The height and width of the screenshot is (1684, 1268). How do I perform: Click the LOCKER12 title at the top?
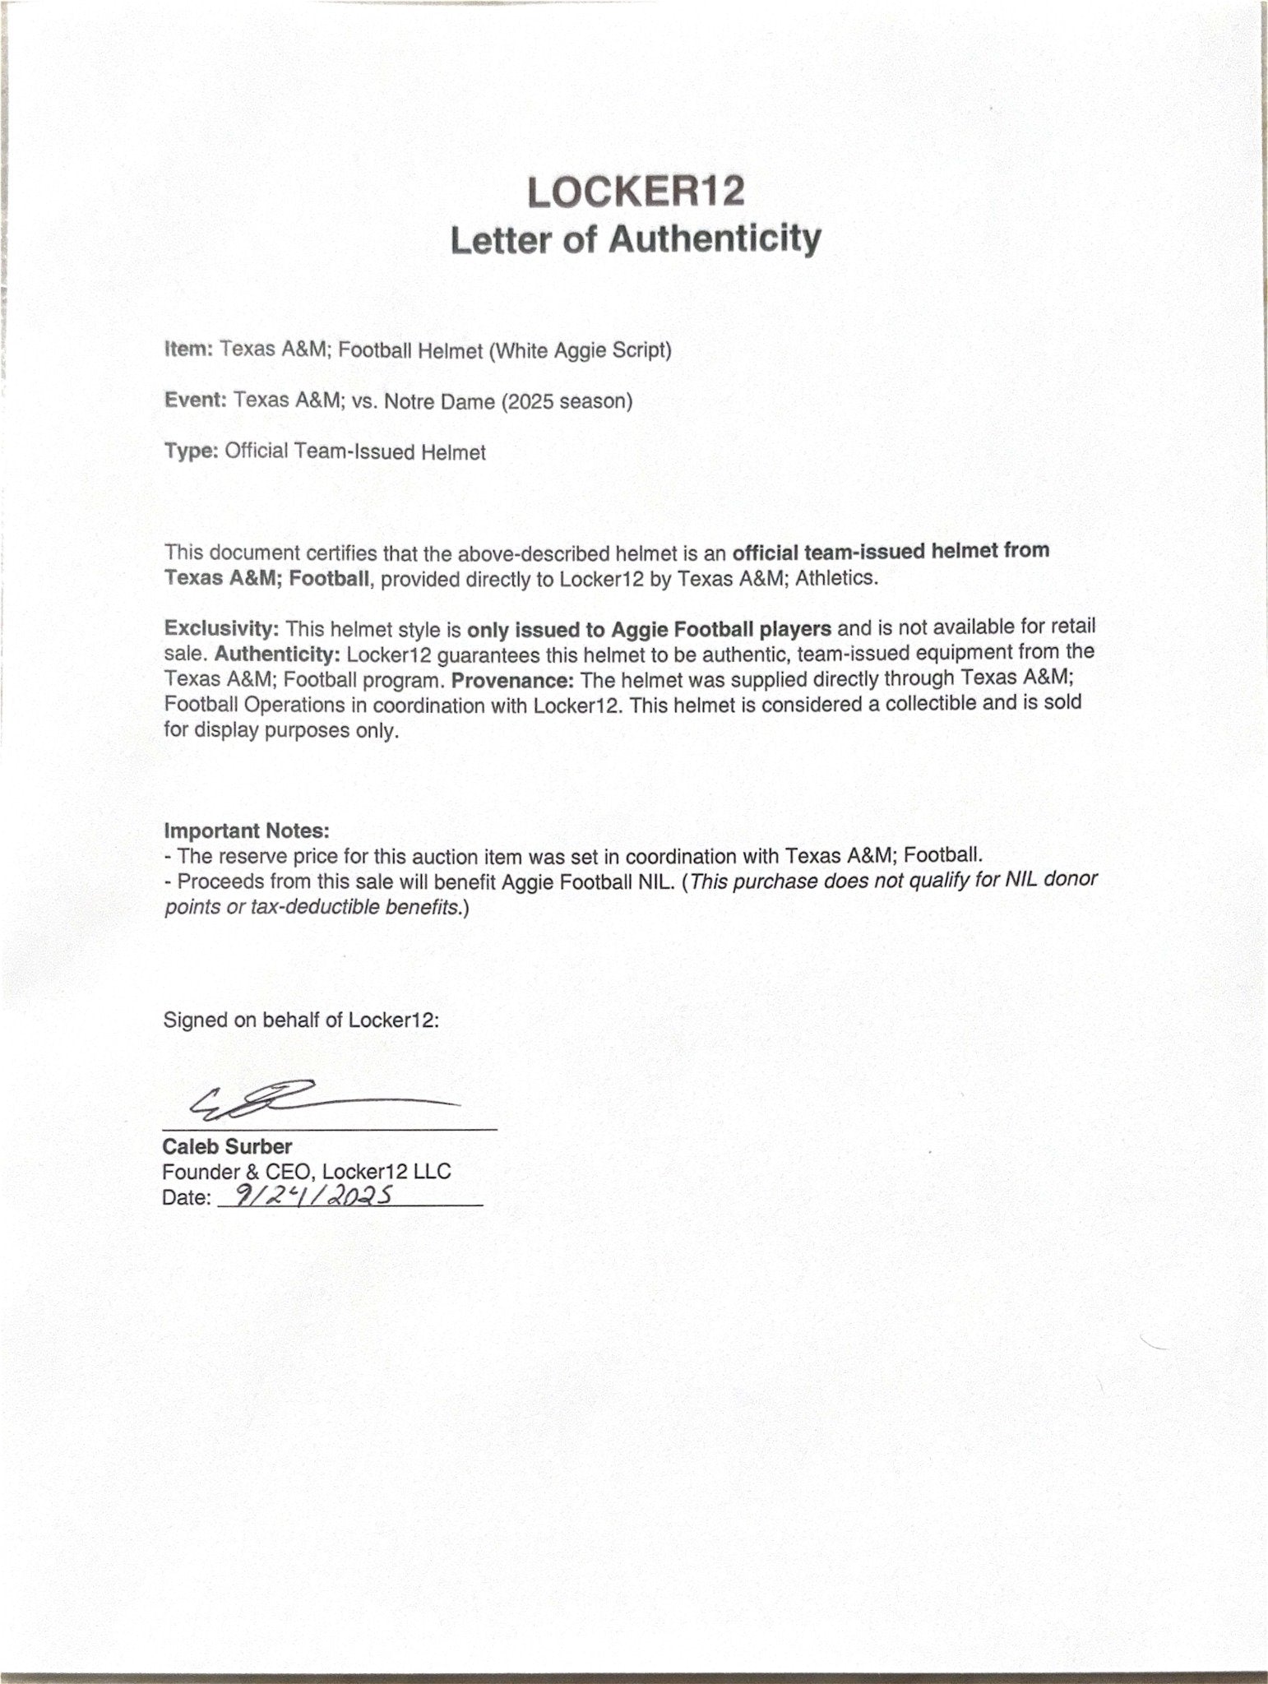point(635,192)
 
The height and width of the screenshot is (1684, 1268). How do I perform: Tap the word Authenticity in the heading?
point(714,239)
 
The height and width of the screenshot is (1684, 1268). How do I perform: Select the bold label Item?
point(189,349)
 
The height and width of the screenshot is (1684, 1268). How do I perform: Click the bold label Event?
point(195,400)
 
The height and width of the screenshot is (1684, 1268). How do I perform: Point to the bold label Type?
point(191,451)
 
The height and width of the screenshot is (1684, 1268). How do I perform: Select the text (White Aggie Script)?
point(581,350)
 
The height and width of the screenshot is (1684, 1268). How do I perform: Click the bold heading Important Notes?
point(247,830)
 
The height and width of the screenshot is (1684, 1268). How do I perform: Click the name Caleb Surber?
point(227,1146)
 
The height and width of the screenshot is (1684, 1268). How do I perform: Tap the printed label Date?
point(187,1198)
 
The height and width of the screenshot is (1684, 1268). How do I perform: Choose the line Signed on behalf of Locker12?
point(301,1020)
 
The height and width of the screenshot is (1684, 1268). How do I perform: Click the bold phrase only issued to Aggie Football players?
point(649,629)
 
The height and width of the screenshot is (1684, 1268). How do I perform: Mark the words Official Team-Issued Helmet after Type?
point(354,452)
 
